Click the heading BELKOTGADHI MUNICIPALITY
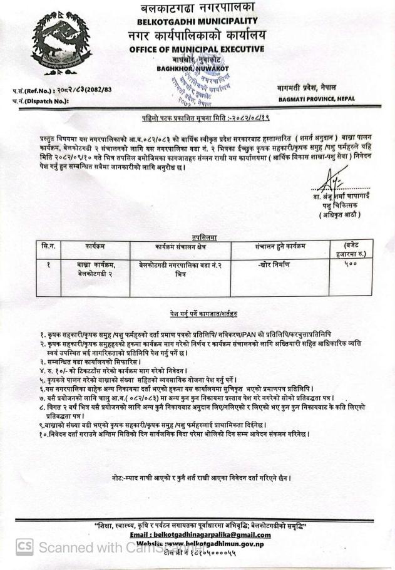click(198, 22)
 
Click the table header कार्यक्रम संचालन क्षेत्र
click(176, 247)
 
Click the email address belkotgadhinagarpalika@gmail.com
click(200, 535)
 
